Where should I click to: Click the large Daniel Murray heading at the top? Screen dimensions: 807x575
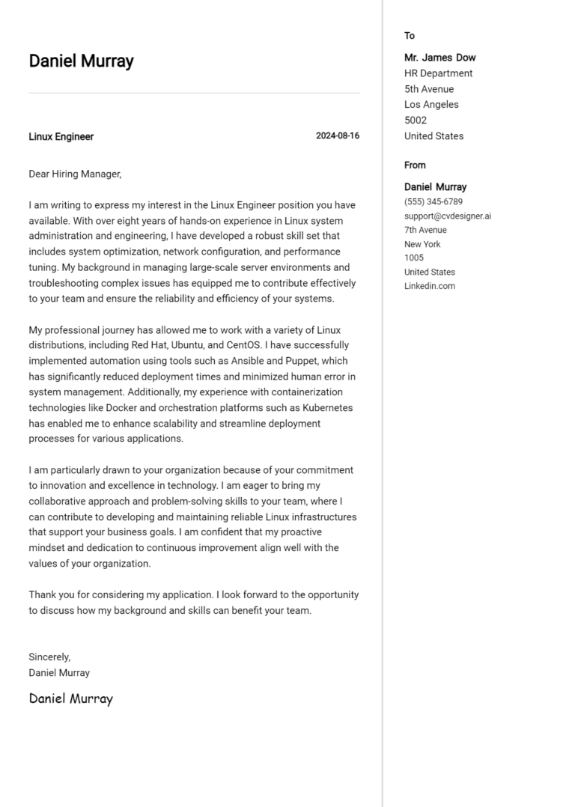pos(81,61)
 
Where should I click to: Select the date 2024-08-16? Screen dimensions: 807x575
pos(337,136)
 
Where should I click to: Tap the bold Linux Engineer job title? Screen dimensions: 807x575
pos(61,137)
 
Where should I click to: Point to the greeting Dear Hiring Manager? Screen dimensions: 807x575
pos(74,174)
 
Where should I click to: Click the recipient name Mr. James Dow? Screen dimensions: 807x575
pos(439,58)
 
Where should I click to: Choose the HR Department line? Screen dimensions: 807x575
pos(438,73)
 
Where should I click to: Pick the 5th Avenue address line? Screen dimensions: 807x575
pos(428,89)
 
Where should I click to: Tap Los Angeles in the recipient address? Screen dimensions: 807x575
pos(431,105)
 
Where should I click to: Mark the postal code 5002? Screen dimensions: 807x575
pos(416,121)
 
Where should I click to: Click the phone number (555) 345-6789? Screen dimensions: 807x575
pos(433,202)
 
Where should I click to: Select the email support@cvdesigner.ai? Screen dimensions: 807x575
pos(447,216)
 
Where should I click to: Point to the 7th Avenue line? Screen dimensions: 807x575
pos(425,230)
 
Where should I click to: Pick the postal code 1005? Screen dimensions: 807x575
pos(414,258)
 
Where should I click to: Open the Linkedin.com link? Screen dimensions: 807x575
pos(429,286)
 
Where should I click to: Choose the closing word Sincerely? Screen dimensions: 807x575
pos(49,657)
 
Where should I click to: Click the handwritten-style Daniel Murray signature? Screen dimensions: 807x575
pos(70,698)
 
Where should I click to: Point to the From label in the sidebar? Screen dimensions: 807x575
pos(415,165)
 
